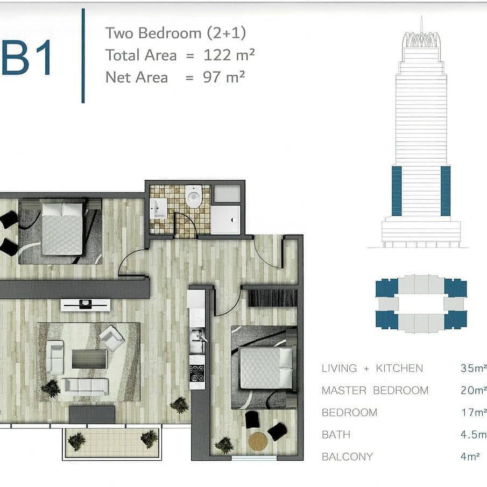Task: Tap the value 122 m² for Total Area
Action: (229, 55)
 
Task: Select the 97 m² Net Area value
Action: (224, 77)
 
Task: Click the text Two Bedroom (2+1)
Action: (175, 33)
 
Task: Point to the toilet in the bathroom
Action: (194, 196)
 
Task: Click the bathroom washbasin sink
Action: (158, 208)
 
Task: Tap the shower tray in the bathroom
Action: (226, 220)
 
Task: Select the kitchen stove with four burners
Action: (197, 373)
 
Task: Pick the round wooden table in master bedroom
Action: (258, 442)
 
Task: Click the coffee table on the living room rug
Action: (89, 359)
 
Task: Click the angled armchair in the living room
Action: (111, 337)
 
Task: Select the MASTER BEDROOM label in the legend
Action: (375, 391)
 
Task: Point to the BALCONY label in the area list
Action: (347, 456)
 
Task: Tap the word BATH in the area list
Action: (336, 434)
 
